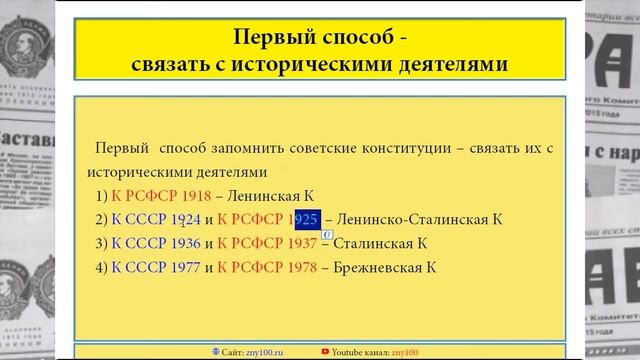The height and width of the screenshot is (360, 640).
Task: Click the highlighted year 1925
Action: (306, 219)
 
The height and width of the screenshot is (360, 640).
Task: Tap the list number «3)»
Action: (101, 243)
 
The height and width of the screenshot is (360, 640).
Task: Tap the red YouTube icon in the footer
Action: (326, 352)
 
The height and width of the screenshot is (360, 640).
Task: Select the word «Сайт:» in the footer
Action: (232, 352)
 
